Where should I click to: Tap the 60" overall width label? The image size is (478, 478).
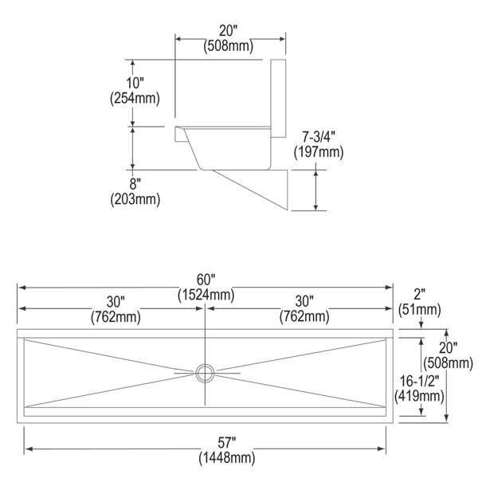pos(206,280)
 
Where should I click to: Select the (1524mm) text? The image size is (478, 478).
pos(206,295)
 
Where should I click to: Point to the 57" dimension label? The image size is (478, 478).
pos(227,443)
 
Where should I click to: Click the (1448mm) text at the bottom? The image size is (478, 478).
pos(227,458)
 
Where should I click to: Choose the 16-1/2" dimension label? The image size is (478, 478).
pos(420,381)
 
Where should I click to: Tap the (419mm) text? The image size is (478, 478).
pos(419,396)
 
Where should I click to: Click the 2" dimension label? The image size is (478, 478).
pos(420,294)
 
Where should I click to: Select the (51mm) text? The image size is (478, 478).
pos(420,310)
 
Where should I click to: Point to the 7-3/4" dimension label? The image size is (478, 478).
pos(319,137)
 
